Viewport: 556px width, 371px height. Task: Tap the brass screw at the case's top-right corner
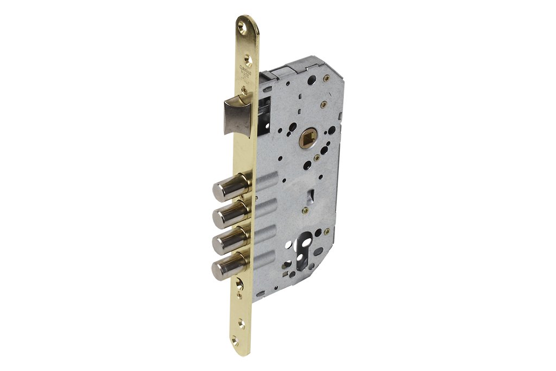click(x=324, y=104)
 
